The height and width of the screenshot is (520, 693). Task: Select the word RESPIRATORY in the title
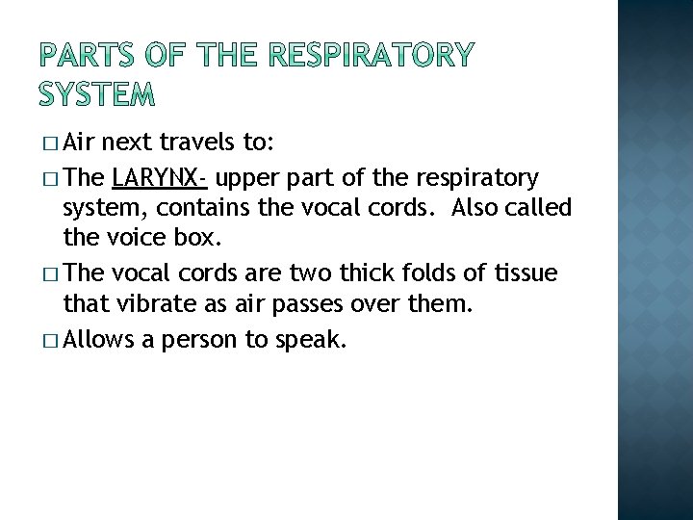371,56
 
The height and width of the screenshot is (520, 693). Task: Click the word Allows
101,339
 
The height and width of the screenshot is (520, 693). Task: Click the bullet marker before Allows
51,340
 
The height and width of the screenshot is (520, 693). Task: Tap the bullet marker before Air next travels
51,145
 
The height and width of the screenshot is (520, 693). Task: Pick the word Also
477,208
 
